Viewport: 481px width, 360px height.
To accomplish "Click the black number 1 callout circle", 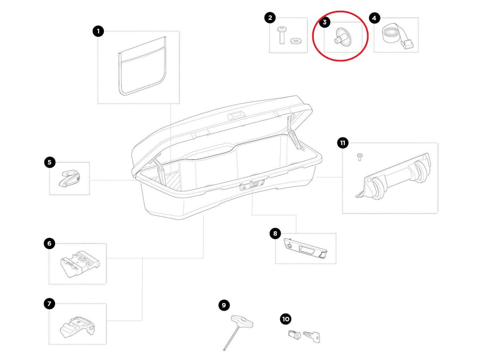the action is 98,31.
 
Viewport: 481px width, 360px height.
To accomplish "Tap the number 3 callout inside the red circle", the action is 325,22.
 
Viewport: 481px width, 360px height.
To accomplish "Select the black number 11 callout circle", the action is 342,143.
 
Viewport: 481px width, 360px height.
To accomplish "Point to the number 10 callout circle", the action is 285,319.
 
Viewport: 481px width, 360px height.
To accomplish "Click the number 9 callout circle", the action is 224,305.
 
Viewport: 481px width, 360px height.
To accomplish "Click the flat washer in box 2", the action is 295,41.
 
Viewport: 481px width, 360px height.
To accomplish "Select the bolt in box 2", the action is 281,35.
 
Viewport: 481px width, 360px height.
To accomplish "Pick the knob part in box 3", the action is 342,37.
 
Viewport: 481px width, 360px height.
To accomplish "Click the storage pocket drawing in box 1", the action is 142,66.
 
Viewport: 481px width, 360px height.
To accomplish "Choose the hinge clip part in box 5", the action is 69,179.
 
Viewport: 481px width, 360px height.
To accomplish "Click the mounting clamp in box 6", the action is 79,264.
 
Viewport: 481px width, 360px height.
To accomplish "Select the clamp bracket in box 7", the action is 77,327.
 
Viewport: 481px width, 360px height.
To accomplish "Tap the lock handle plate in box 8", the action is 305,248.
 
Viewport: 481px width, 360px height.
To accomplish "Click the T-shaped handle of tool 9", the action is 242,321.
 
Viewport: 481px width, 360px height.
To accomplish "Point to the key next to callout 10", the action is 311,336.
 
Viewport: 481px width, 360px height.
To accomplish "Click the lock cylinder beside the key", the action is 294,335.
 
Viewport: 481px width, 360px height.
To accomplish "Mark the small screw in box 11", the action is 360,157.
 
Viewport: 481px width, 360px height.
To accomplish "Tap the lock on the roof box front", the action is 252,185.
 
